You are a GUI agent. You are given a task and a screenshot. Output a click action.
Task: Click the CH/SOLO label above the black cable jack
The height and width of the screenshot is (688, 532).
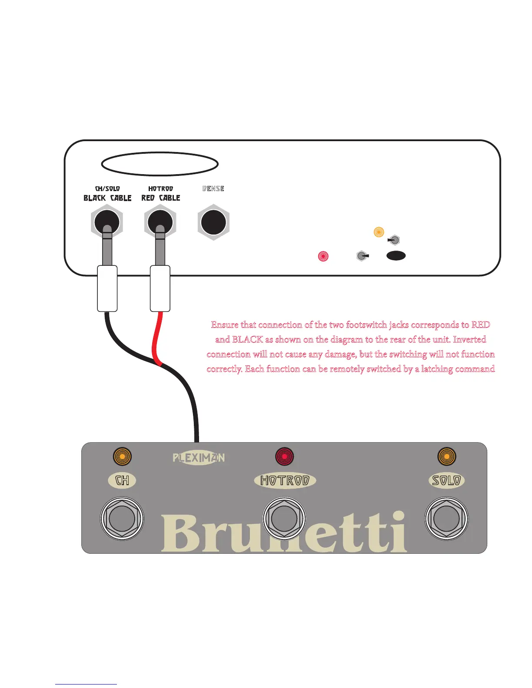click(107, 189)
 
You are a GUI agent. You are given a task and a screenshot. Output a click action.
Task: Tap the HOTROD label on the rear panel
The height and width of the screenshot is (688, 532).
click(160, 189)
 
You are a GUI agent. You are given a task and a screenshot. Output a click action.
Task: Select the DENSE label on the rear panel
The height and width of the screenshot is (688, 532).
click(213, 189)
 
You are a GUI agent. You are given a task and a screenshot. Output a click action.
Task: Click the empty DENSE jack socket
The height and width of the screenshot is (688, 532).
click(213, 222)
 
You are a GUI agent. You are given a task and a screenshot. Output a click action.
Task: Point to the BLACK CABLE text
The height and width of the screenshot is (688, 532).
click(107, 198)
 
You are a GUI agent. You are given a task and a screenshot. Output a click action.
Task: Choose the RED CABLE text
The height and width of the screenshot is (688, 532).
click(161, 198)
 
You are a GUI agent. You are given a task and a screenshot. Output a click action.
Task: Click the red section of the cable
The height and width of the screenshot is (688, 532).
click(155, 339)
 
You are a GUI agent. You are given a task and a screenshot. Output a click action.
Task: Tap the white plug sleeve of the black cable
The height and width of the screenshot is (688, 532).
click(107, 288)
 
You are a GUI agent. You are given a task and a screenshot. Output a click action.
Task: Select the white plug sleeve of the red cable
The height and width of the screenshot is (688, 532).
click(160, 288)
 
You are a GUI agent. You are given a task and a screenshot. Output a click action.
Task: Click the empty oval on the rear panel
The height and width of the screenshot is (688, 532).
click(160, 164)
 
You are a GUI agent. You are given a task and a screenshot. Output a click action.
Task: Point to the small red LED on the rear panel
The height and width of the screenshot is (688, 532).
click(323, 256)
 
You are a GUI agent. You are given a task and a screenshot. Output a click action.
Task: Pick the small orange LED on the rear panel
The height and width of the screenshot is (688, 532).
click(379, 232)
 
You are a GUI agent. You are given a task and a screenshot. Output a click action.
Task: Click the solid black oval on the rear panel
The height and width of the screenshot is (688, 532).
click(396, 255)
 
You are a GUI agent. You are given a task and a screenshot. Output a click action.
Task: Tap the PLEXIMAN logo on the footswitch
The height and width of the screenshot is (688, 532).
click(199, 457)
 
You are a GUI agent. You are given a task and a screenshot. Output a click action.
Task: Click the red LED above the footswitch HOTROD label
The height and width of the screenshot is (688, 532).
click(284, 456)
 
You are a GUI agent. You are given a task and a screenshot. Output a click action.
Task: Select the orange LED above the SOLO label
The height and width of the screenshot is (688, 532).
click(446, 456)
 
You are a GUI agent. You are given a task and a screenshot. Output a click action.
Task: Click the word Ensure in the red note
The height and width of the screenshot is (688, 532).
click(224, 324)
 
